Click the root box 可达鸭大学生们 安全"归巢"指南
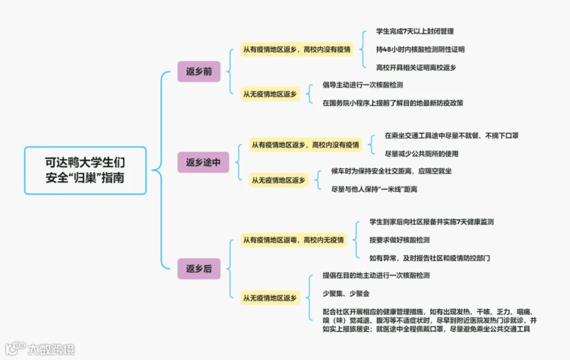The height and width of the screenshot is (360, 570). (85, 170)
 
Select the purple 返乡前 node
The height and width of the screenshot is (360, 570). (199, 72)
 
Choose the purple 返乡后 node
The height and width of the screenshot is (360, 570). (199, 269)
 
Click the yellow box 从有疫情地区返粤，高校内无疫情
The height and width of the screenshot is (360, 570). (294, 240)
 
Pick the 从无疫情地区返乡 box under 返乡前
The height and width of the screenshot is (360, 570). (270, 94)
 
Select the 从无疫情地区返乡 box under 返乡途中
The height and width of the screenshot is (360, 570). (279, 181)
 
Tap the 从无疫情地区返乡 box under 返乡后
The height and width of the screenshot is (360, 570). (270, 298)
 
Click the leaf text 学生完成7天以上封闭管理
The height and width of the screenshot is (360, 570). (415, 31)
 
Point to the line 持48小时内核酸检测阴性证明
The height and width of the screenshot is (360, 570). (420, 49)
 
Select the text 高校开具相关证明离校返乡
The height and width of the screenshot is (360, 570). (415, 67)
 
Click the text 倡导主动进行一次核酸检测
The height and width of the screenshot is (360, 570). (363, 85)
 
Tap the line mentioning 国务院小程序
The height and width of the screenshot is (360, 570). (393, 103)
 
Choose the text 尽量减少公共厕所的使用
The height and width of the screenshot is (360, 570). (422, 153)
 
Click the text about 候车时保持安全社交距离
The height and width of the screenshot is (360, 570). (391, 171)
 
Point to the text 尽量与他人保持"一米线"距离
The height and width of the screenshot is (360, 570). (375, 189)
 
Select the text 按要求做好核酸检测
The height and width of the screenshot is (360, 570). (400, 240)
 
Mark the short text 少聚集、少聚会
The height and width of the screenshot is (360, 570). (346, 293)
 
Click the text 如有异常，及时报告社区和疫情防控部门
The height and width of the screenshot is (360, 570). (430, 258)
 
